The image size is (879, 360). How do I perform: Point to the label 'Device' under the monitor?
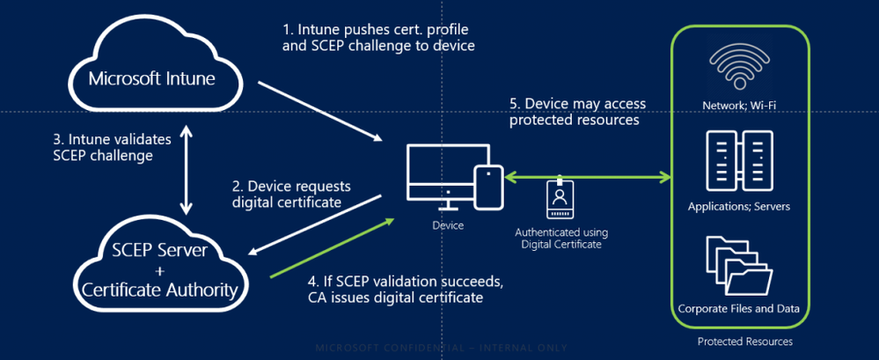(448, 226)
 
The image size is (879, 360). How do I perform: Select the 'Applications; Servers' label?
(738, 208)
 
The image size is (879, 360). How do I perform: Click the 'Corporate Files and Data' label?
(738, 309)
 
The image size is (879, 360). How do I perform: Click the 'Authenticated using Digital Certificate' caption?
(560, 238)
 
